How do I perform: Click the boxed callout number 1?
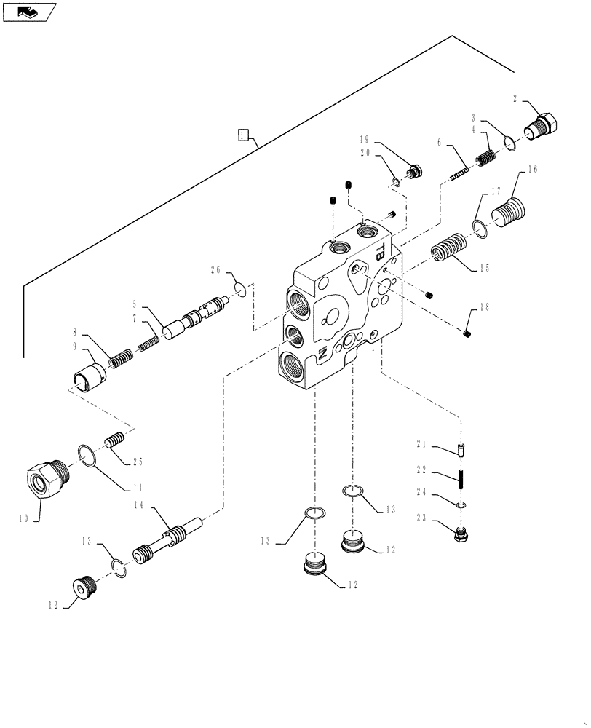point(244,134)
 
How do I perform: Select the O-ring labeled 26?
point(241,291)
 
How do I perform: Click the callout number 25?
point(138,462)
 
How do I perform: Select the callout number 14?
point(138,505)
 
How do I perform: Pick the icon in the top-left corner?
point(29,12)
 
